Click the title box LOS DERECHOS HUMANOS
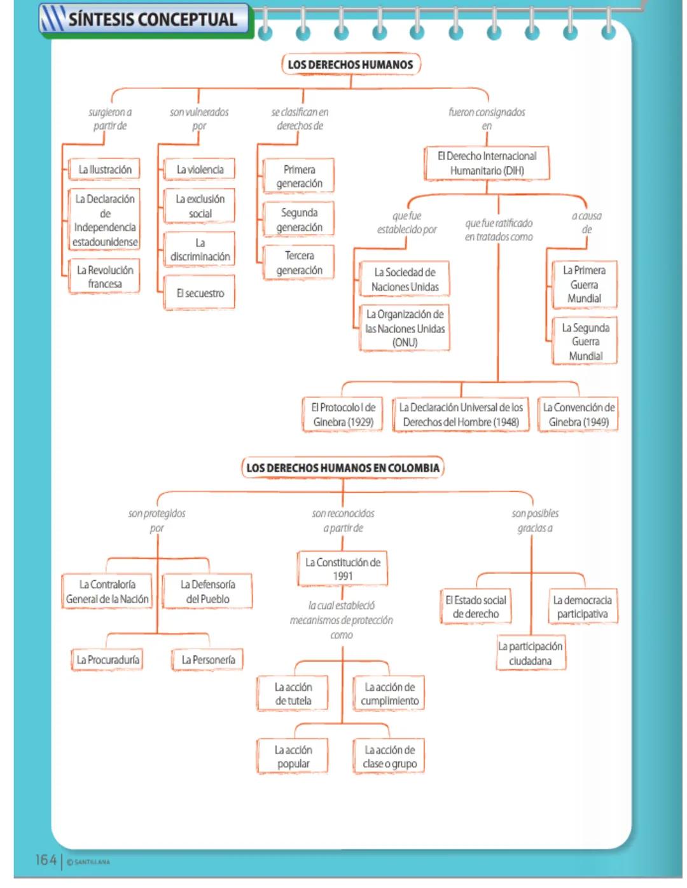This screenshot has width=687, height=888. [x=350, y=64]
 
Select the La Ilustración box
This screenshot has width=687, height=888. [x=105, y=170]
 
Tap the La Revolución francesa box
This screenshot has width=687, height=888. [x=105, y=277]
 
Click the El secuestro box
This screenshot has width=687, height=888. [x=200, y=293]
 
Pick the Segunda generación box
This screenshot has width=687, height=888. [x=299, y=220]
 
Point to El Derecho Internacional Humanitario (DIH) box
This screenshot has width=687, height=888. [x=487, y=163]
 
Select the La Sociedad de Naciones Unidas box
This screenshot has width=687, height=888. [x=405, y=280]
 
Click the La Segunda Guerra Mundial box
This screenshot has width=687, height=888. [x=585, y=341]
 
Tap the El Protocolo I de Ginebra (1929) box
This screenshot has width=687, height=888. [x=343, y=414]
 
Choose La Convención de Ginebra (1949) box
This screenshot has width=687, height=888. [x=578, y=414]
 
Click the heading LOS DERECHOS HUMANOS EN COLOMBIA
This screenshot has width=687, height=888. [x=342, y=468]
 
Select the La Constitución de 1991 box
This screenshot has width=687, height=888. [x=342, y=569]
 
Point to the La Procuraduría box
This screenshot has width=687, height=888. [x=108, y=660]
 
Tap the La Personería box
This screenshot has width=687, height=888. [x=208, y=660]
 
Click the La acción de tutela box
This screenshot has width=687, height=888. [x=293, y=693]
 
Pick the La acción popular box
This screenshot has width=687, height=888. [x=293, y=756]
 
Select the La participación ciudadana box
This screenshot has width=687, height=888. [x=531, y=653]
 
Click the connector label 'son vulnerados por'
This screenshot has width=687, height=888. [x=199, y=119]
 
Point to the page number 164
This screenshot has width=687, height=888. [x=46, y=860]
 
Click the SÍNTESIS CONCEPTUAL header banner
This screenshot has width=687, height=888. [x=146, y=20]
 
